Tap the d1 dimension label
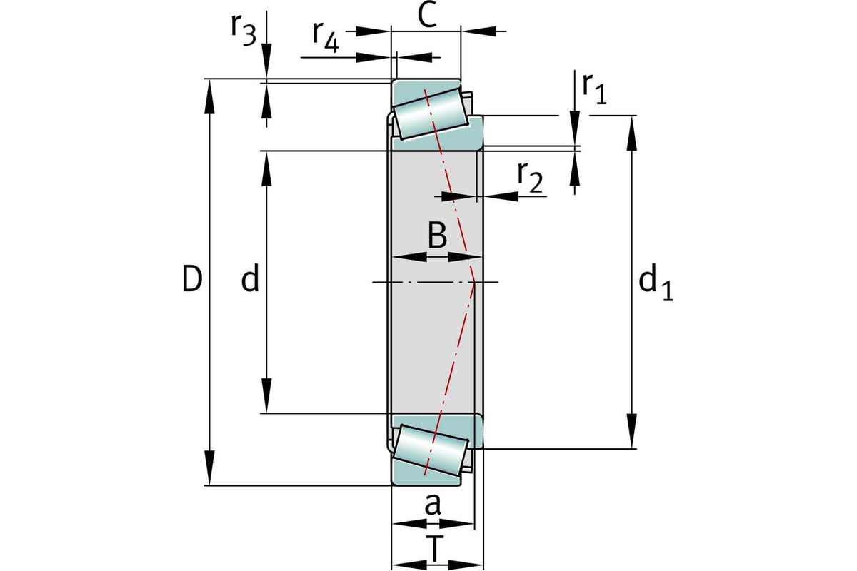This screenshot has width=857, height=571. (656, 283)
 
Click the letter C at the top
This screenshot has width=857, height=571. (427, 14)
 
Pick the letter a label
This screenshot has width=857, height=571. (433, 505)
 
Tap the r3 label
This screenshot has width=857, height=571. (243, 28)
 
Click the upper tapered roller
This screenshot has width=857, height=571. (431, 112)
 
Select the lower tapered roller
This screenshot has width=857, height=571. (431, 451)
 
